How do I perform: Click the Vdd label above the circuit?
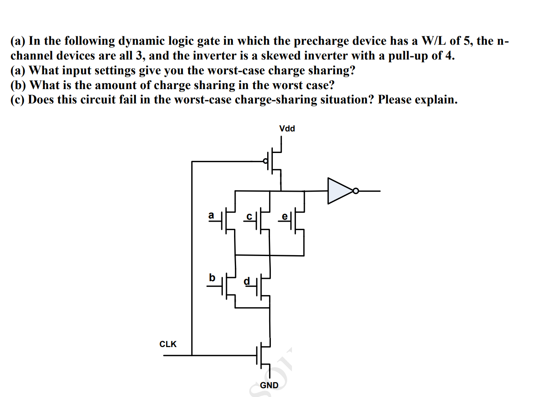(x=287, y=129)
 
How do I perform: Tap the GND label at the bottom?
(x=269, y=385)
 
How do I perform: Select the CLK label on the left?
(x=168, y=344)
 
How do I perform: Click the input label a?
(x=211, y=215)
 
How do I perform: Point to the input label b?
(x=212, y=278)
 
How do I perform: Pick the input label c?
(x=249, y=216)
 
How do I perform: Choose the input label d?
(x=247, y=281)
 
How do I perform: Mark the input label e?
(x=284, y=216)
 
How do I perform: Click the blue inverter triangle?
(x=339, y=191)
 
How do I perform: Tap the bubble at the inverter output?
(x=355, y=191)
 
